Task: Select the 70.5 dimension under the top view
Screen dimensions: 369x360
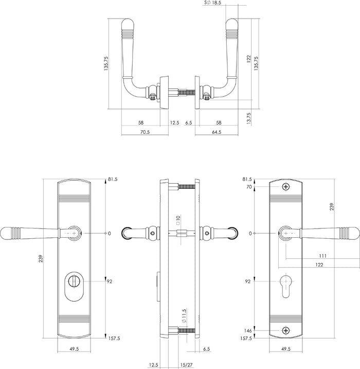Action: pyautogui.click(x=145, y=132)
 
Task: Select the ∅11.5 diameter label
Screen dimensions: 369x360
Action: pyautogui.click(x=177, y=315)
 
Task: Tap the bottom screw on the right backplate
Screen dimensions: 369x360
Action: pyautogui.click(x=285, y=329)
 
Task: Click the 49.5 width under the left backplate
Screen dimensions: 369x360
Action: pyautogui.click(x=75, y=348)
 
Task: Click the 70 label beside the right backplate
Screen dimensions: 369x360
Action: pyautogui.click(x=249, y=188)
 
